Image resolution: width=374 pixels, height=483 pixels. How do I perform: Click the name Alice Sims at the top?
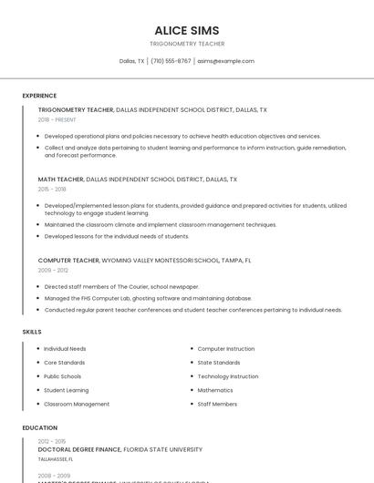coord(187,30)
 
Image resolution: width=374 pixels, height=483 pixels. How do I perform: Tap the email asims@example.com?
coord(225,61)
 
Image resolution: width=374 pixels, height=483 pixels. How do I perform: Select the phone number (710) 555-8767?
coord(171,61)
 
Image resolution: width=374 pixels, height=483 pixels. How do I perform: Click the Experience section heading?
coord(39,96)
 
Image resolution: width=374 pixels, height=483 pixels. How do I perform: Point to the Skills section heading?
coord(32,332)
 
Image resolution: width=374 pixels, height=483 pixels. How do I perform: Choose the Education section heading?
coord(40,427)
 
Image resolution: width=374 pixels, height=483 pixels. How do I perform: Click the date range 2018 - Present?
coord(57,119)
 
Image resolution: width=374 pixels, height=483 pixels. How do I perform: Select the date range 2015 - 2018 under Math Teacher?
coord(52,189)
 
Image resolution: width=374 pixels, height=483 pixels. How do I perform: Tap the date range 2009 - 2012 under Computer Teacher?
coord(52,270)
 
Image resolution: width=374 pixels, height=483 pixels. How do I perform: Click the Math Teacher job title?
coord(61,180)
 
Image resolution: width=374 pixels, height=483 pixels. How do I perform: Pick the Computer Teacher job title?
coord(69,260)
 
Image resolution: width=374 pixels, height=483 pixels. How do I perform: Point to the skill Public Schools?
coord(62,376)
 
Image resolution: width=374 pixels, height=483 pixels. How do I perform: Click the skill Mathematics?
coord(215,390)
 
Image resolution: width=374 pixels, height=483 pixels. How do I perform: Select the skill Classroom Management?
coord(77,404)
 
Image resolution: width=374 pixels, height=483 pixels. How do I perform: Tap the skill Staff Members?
coord(217,404)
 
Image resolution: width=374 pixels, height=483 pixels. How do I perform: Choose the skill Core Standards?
coord(65,363)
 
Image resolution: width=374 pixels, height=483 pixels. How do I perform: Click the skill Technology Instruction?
coord(228,376)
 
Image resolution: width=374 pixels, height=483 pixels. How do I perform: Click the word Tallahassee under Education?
coord(57,460)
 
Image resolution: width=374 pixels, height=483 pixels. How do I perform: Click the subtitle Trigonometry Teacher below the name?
coord(187,44)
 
